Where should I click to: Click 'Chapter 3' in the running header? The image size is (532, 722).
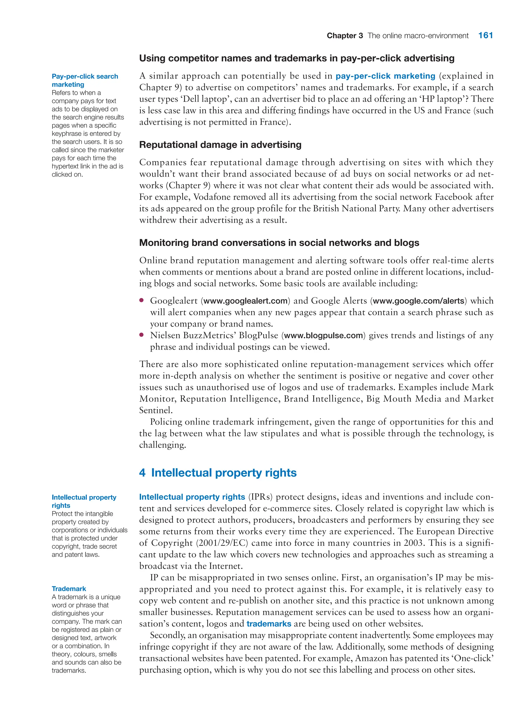(x=344, y=36)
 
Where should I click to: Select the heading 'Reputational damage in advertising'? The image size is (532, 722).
(x=220, y=145)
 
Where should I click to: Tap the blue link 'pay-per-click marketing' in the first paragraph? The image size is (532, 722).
(x=385, y=76)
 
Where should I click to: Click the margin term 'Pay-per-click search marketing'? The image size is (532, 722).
(x=85, y=80)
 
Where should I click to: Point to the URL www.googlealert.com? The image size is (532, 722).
(x=245, y=301)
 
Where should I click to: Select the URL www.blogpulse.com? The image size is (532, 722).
(x=323, y=335)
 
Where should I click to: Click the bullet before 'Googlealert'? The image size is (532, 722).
(x=141, y=300)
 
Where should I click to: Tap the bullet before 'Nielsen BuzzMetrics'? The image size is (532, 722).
(x=141, y=335)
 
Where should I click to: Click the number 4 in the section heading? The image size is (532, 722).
(x=142, y=473)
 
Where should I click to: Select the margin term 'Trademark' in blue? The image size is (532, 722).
(x=69, y=589)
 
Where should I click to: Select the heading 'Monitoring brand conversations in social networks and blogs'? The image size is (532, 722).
(x=279, y=243)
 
